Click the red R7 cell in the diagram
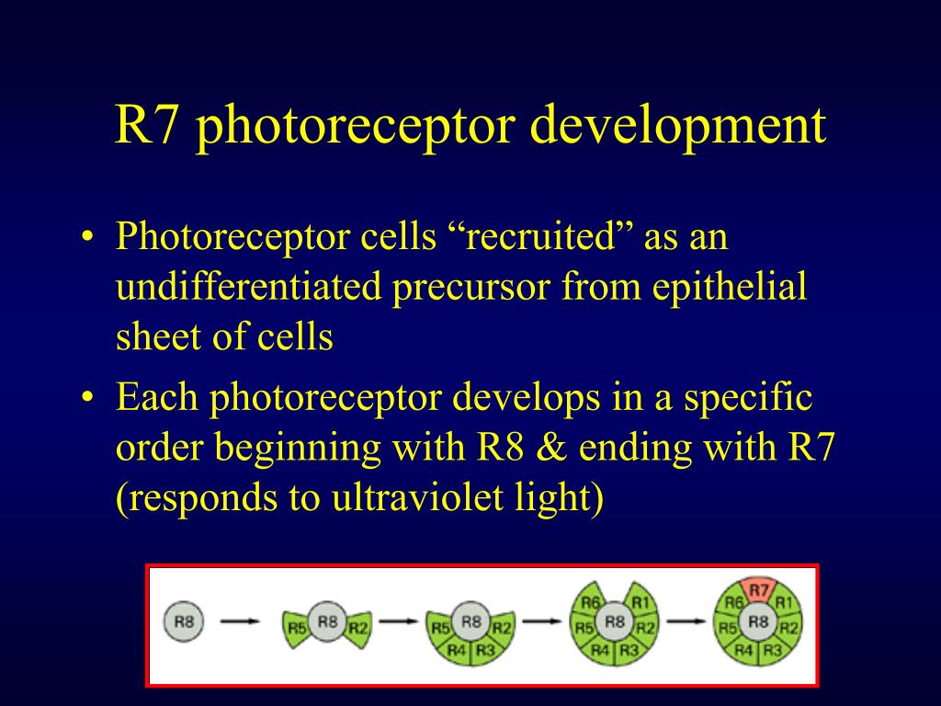pos(758,591)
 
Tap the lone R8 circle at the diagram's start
pos(184,621)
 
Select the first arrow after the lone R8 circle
pos(240,621)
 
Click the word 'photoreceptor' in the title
pos(356,126)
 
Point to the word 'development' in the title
pos(678,126)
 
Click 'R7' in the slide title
pos(146,125)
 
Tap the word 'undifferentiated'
pos(248,287)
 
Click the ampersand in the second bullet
pos(551,448)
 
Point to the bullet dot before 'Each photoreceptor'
pos(87,397)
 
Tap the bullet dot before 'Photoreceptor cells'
pos(87,236)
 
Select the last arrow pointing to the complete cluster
pos(686,621)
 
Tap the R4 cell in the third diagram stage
pos(456,650)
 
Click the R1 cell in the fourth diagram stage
pos(640,600)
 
